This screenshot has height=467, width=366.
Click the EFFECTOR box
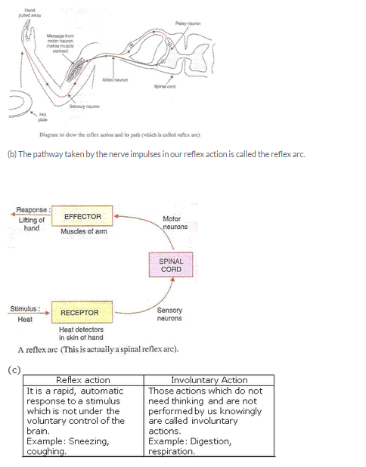pyautogui.click(x=82, y=216)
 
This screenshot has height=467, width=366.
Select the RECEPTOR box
pyautogui.click(x=79, y=311)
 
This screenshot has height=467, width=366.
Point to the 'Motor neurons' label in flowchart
pyautogui.click(x=175, y=222)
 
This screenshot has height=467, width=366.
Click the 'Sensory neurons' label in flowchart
pyautogui.click(x=169, y=314)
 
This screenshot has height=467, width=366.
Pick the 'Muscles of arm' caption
pyautogui.click(x=82, y=231)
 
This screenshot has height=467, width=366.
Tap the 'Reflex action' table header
pyautogui.click(x=83, y=380)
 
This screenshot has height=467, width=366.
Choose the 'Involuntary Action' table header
pyautogui.click(x=209, y=380)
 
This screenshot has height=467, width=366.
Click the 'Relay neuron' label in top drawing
pyautogui.click(x=188, y=24)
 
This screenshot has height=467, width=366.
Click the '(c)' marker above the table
pyautogui.click(x=13, y=370)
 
